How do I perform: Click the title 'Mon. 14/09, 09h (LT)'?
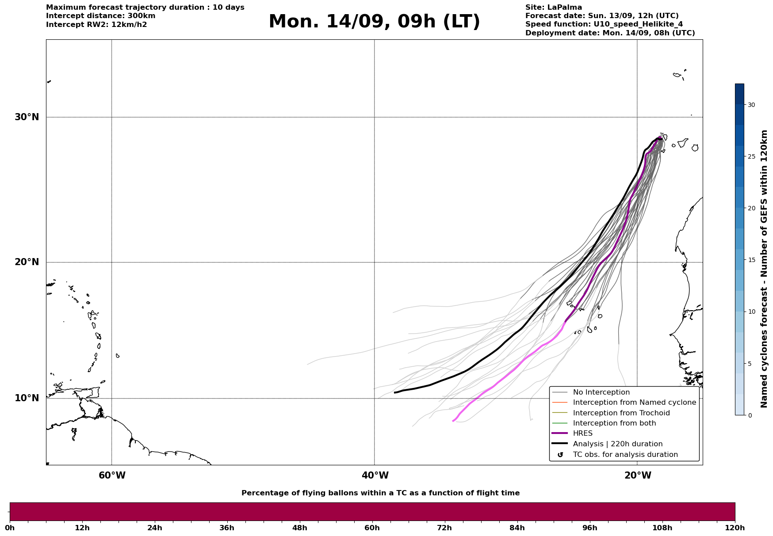374,22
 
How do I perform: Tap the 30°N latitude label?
27,117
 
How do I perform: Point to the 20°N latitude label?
27,262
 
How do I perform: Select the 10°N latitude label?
27,398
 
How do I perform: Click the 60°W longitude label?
112,475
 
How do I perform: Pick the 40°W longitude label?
375,475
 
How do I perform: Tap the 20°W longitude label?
638,475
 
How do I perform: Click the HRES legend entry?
583,433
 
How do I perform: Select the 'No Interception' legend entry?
601,392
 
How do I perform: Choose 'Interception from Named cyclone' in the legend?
635,403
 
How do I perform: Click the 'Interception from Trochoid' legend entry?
621,413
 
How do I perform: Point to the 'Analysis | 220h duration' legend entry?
618,444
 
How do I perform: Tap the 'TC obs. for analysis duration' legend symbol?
560,455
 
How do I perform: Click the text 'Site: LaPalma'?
554,8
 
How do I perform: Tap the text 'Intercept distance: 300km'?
101,16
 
